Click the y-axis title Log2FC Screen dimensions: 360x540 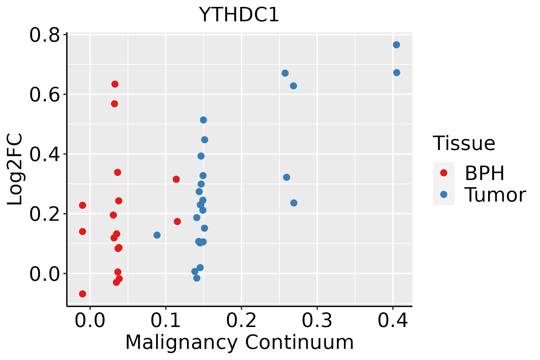pos(15,169)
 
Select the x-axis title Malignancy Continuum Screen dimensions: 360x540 pos(239,342)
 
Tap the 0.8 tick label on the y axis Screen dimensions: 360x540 pos(44,35)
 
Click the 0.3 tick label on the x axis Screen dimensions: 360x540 pos(317,321)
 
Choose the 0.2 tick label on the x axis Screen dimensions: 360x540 pos(241,321)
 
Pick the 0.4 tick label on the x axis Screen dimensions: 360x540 pos(392,321)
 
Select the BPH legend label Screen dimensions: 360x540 pos(484,173)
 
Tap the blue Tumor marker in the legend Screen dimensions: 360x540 pos(443,194)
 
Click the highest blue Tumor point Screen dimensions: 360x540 pos(396,45)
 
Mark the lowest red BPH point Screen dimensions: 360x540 pos(82,294)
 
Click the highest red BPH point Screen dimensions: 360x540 pos(115,84)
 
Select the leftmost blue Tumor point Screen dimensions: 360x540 pos(157,235)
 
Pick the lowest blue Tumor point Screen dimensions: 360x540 pos(197,278)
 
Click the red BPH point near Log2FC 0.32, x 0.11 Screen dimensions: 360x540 pos(176,179)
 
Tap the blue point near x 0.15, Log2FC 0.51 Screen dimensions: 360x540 pos(203,120)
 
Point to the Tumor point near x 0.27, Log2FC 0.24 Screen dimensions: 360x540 pos(294,203)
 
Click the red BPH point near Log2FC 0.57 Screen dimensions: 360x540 pos(114,104)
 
